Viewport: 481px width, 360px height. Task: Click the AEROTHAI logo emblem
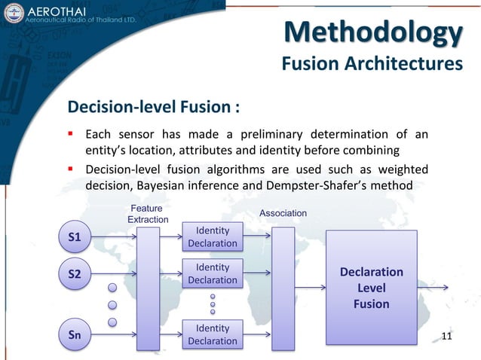(x=14, y=15)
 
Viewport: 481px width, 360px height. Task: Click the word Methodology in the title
(x=374, y=33)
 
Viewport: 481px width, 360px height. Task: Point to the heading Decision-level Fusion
(x=155, y=105)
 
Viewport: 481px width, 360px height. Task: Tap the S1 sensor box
(x=75, y=237)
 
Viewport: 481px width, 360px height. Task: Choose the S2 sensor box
(x=75, y=274)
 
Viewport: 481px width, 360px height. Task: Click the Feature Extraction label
(x=147, y=213)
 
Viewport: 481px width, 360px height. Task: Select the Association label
(x=283, y=213)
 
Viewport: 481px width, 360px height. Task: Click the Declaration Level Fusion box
(x=371, y=287)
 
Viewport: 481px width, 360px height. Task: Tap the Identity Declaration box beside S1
(x=212, y=236)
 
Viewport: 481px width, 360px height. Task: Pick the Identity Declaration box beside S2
(x=212, y=273)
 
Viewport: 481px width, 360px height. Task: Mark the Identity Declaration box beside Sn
(x=212, y=334)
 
